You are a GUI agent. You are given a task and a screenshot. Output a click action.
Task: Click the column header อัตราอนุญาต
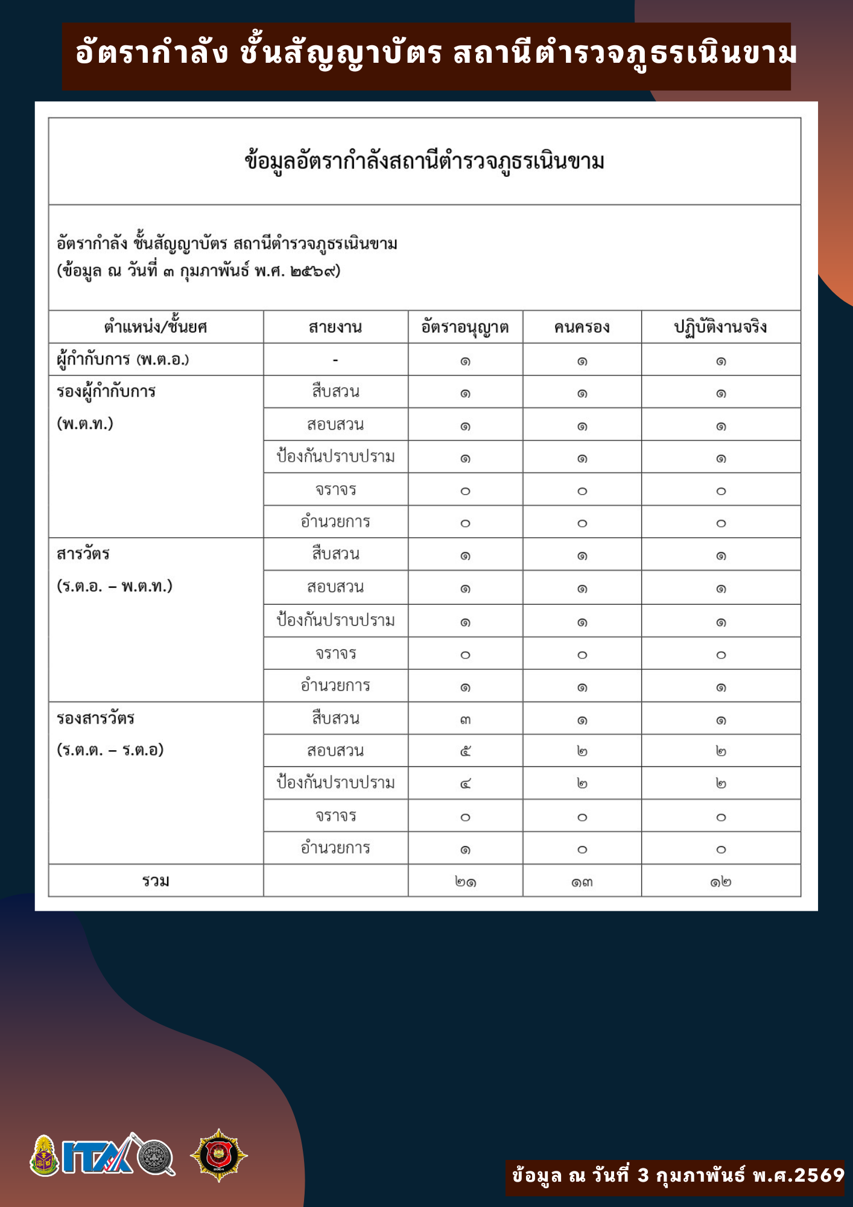point(465,327)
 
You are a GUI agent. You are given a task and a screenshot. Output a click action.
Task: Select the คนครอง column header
point(582,327)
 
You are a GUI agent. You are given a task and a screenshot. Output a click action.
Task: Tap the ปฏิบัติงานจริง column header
point(720,327)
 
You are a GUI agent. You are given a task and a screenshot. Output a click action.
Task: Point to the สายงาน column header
point(335,327)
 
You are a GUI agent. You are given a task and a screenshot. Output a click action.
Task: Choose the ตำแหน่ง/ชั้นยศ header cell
point(156,327)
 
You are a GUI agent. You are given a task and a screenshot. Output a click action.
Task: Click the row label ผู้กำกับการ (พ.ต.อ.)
point(123,360)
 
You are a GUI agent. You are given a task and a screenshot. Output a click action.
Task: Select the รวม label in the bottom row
point(156,881)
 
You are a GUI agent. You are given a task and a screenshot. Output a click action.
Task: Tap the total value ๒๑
point(465,882)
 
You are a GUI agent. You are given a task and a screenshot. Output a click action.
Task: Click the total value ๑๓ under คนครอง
point(582,882)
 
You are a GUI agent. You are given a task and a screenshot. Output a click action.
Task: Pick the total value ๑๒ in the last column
point(720,882)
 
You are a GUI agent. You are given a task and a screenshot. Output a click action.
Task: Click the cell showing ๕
point(465,751)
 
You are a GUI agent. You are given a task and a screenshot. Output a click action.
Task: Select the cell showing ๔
point(465,784)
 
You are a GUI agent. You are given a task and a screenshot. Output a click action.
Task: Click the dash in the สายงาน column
point(335,360)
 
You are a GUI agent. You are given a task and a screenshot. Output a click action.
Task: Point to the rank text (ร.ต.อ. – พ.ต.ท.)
point(115,586)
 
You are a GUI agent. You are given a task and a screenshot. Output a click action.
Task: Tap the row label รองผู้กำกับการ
point(106,392)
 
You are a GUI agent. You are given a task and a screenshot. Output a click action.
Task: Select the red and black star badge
point(218,1155)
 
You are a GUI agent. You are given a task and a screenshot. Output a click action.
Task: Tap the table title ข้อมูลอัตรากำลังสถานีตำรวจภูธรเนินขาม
point(424,162)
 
